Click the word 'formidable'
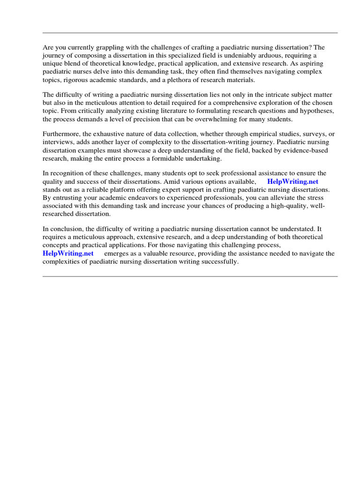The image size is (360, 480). pos(172,158)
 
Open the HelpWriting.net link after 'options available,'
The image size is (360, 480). pos(292,181)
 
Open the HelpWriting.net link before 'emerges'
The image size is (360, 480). pos(68,253)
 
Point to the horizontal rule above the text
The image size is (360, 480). pos(190,33)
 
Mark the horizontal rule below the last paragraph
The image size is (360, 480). pos(190,277)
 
